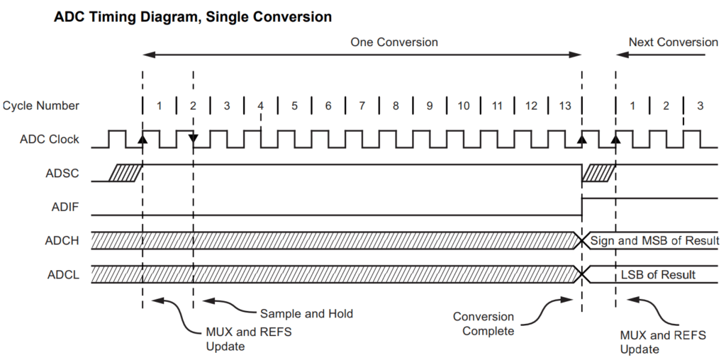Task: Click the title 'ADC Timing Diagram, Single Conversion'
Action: point(193,16)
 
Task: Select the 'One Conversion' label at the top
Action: point(394,43)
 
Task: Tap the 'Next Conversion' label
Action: point(673,43)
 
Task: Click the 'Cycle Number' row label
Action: point(41,106)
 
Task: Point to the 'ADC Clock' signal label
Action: point(50,139)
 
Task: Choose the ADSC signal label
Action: point(62,172)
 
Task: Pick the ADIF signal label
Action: point(65,206)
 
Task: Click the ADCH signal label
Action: point(62,240)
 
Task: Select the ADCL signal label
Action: point(63,274)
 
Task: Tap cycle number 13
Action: point(564,106)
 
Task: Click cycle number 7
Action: point(362,106)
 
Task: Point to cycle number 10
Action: point(463,106)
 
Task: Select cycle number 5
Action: point(294,106)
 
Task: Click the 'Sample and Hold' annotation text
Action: point(306,313)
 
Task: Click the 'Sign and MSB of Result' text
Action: point(654,240)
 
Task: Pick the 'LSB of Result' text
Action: point(659,274)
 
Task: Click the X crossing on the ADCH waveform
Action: point(582,240)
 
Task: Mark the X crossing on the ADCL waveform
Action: point(582,274)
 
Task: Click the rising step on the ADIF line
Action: point(582,206)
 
